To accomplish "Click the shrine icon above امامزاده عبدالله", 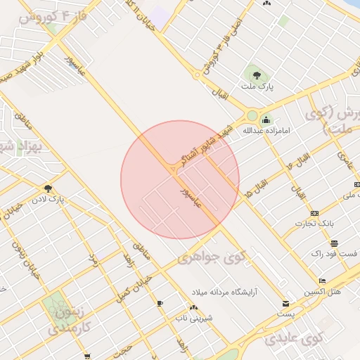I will [266, 120].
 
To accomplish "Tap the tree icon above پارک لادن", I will [48, 188].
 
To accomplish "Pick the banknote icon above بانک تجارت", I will [314, 213].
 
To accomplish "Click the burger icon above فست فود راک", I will [334, 243].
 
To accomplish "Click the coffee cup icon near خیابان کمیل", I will [160, 303].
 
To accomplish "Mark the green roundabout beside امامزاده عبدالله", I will [251, 116].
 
